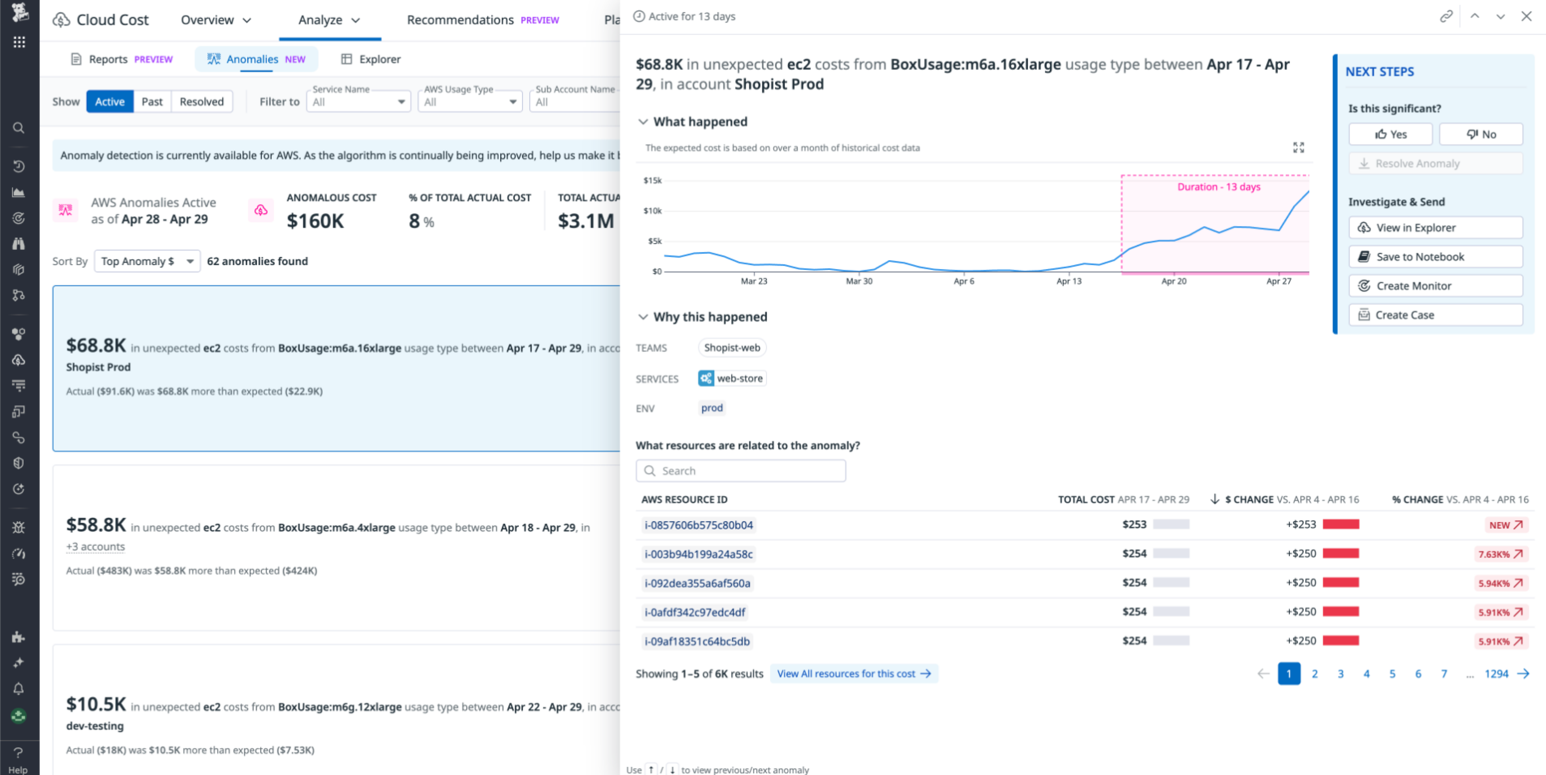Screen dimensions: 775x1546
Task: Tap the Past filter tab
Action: pos(152,101)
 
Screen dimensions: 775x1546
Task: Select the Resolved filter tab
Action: pos(201,101)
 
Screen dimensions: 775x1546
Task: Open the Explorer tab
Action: pos(371,59)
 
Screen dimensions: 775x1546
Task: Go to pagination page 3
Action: pos(1340,674)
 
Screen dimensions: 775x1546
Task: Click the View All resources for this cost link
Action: pos(853,674)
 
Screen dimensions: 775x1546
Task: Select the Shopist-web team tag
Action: pos(732,348)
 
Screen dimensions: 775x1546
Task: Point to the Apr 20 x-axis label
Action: pos(1173,281)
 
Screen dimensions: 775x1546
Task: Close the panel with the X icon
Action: pos(1526,16)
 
